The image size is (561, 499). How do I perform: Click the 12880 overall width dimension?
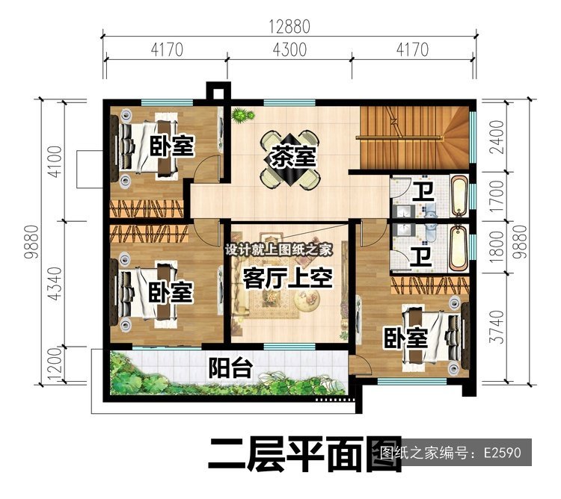point(289,27)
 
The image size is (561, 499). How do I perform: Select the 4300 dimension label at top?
point(289,49)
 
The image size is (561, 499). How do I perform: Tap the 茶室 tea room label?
point(293,156)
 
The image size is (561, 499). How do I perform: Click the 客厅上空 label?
point(288,278)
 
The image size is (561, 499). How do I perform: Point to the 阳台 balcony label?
point(231,368)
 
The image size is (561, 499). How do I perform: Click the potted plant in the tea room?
point(242,115)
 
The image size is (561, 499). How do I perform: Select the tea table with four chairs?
point(290,160)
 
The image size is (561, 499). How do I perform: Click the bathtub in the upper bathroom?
point(459,196)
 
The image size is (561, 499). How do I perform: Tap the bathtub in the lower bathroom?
point(459,248)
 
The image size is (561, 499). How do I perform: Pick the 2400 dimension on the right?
point(497,137)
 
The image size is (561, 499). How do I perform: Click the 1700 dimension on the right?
point(497,196)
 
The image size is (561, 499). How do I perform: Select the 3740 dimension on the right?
point(497,327)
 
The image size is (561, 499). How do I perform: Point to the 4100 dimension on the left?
point(56,162)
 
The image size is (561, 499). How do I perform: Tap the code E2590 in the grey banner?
point(503,453)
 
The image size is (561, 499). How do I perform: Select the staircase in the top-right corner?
point(414,137)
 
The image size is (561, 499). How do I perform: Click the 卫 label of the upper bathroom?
point(423,191)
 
